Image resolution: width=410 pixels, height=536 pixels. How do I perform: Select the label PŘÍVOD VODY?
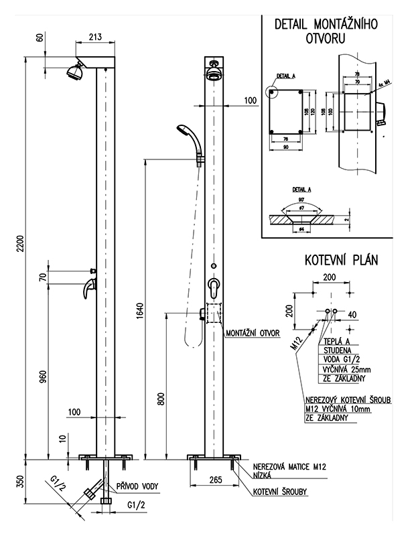pyautogui.click(x=138, y=487)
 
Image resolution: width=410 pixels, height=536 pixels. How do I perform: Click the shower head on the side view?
pyautogui.click(x=74, y=70)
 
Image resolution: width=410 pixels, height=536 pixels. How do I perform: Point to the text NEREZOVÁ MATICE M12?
pyautogui.click(x=285, y=466)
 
